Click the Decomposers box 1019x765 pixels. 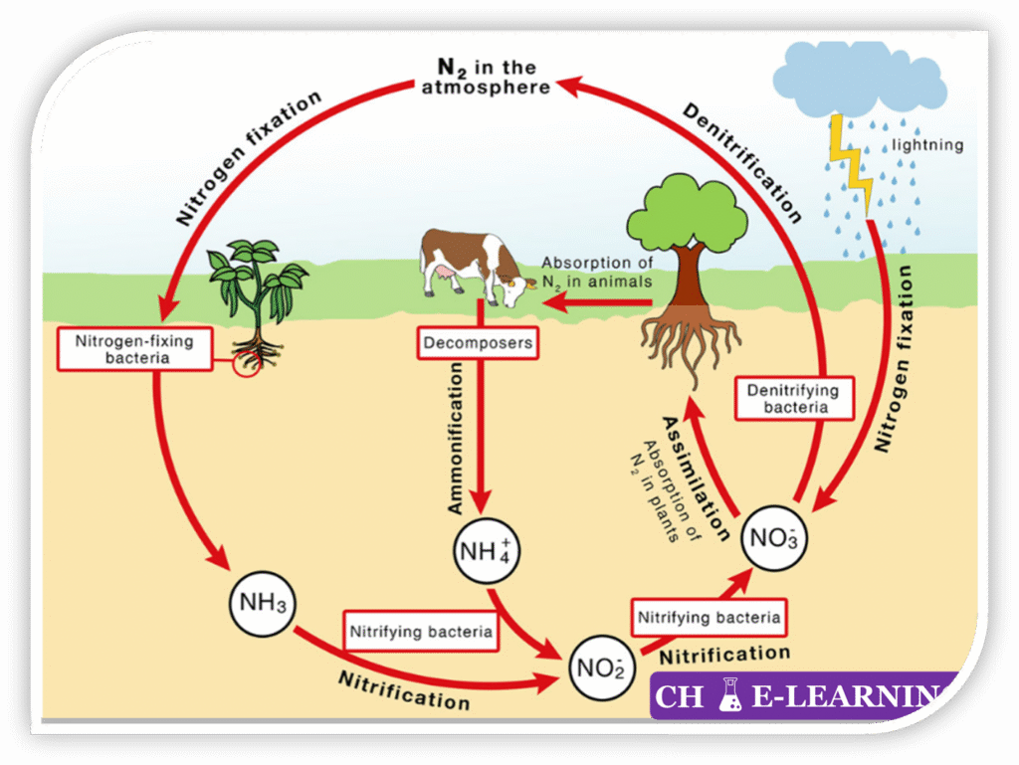tap(477, 344)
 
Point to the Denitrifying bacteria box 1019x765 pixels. tap(793, 398)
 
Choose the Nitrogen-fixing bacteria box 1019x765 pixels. tap(134, 349)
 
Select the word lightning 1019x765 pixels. tap(927, 145)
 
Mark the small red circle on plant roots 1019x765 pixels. tap(245, 363)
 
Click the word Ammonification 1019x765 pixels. tap(455, 438)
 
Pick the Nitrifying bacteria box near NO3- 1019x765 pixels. tap(708, 617)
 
